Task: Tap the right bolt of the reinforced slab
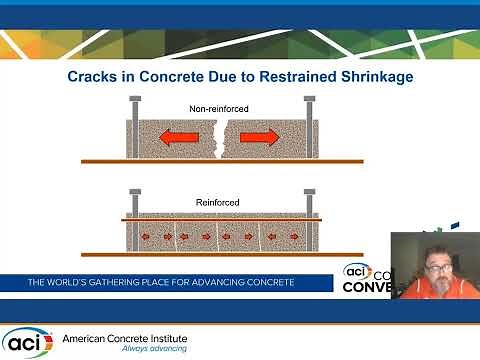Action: [x=310, y=202]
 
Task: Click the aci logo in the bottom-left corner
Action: [x=27, y=341]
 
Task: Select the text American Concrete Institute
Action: [x=125, y=337]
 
